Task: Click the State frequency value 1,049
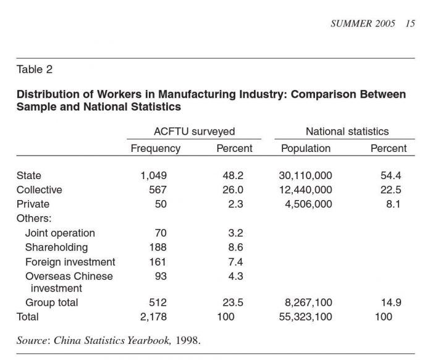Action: tap(154, 175)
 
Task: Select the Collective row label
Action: tap(39, 190)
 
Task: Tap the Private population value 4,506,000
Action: tap(308, 204)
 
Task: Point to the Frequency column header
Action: tap(156, 148)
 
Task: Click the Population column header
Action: tap(306, 148)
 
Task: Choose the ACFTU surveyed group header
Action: tap(194, 132)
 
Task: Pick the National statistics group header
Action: tap(347, 132)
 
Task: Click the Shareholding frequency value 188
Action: tap(158, 248)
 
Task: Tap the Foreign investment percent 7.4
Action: tap(235, 262)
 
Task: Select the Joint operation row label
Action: tap(60, 233)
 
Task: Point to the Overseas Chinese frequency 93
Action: tap(161, 276)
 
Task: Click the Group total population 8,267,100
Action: tap(308, 303)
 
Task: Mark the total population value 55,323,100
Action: tap(305, 317)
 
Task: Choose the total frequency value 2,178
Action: tap(153, 317)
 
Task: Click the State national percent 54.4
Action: tap(391, 175)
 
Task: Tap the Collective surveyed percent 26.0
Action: tap(233, 190)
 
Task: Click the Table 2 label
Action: tap(35, 69)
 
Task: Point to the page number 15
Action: tap(410, 23)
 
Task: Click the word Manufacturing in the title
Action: tap(197, 94)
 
